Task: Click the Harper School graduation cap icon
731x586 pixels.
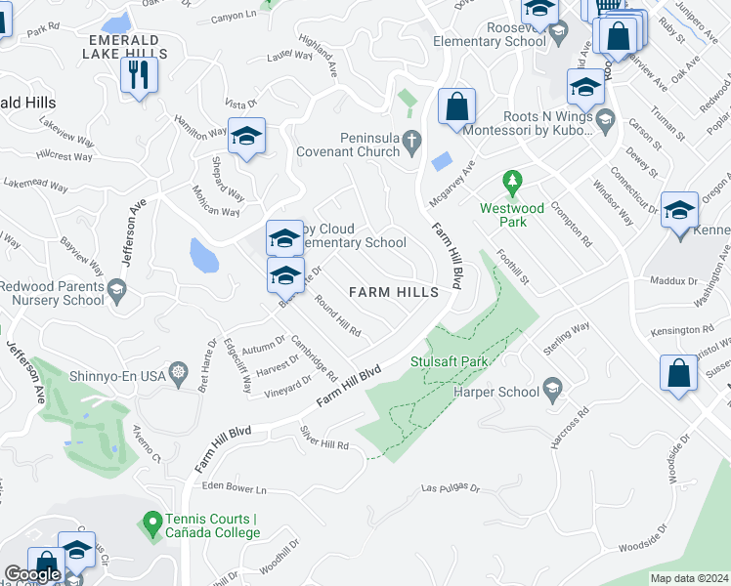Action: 553,391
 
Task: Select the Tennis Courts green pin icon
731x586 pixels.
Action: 150,524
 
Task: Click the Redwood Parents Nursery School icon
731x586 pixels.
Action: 117,290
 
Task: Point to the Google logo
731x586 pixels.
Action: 33,574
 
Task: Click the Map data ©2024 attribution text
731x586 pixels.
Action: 689,578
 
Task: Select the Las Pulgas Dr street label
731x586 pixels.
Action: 451,487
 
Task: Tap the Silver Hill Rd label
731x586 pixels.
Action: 325,438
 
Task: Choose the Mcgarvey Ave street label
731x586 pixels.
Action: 451,183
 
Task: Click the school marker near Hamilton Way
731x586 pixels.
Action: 246,136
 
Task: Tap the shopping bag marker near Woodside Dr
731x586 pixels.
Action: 678,374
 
